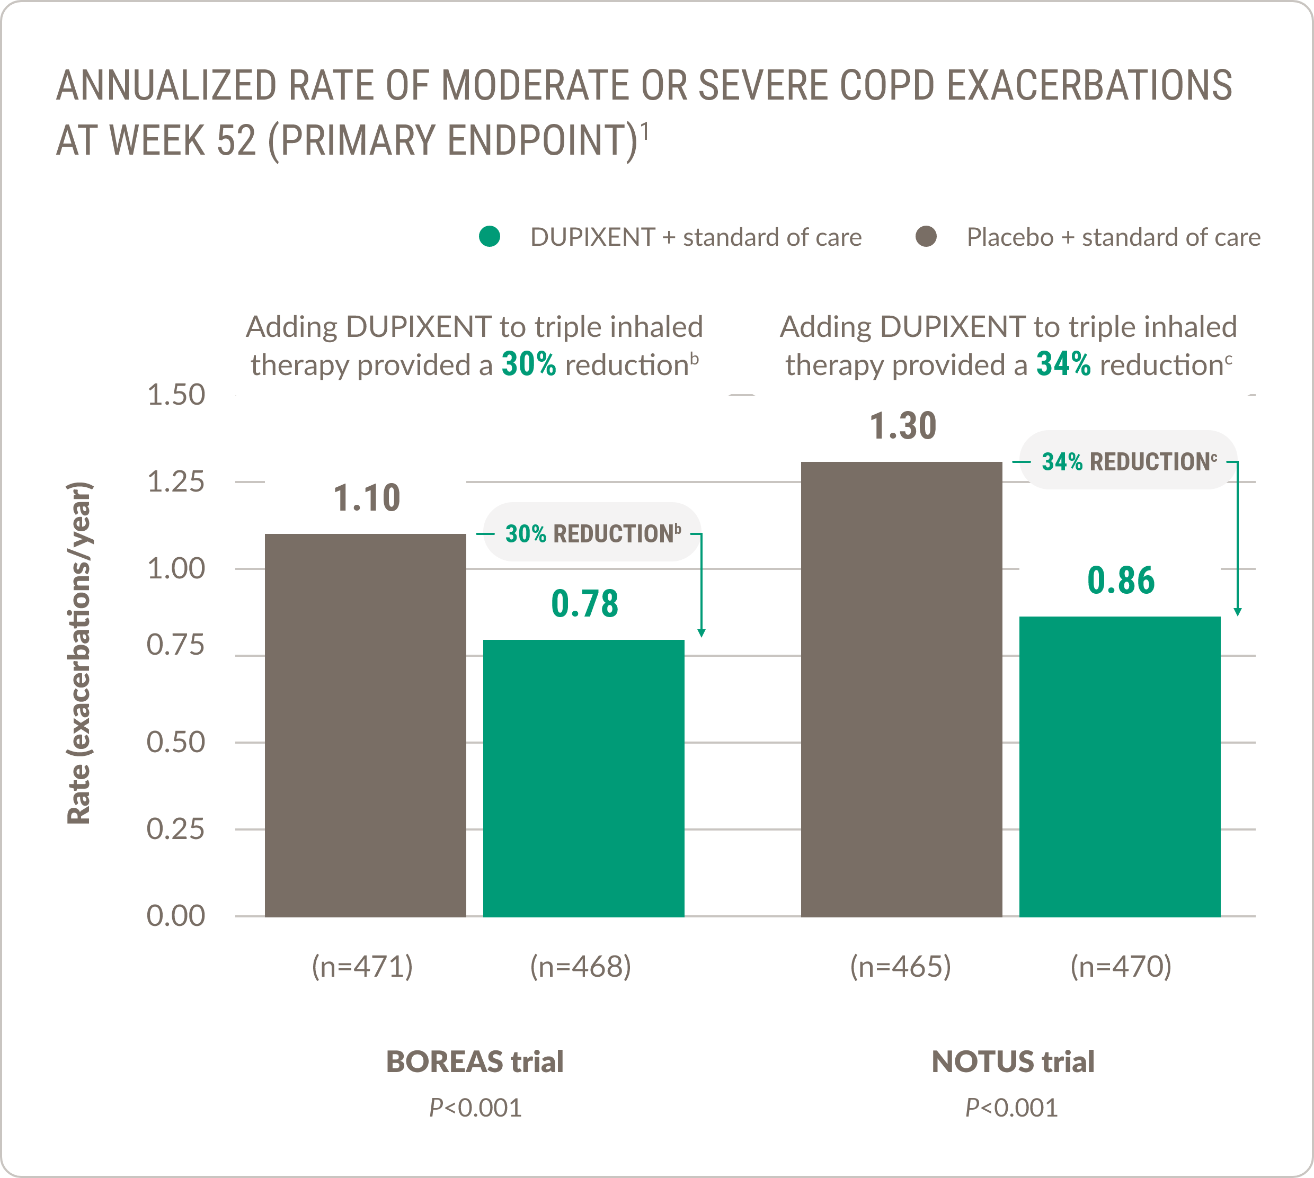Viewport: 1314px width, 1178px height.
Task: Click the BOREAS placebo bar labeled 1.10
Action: (365, 725)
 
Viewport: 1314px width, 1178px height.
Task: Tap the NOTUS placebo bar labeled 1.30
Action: (901, 689)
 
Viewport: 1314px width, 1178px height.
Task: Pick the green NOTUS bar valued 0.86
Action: (1119, 766)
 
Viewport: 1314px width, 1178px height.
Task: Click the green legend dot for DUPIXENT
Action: (490, 236)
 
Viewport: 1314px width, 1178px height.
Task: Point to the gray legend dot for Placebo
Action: (926, 236)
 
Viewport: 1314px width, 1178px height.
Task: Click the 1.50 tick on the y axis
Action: (176, 395)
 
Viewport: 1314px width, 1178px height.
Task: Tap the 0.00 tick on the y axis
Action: (176, 916)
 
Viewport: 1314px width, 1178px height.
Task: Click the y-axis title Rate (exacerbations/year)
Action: (79, 653)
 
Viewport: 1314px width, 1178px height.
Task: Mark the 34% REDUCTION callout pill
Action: (1128, 461)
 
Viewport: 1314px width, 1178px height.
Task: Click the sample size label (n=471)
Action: (362, 966)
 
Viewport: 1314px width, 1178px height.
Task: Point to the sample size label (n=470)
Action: (1121, 966)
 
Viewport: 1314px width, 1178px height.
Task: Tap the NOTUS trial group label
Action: (1013, 1061)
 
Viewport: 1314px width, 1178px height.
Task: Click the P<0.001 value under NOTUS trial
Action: (1011, 1108)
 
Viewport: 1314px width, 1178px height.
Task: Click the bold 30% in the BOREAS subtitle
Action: (528, 364)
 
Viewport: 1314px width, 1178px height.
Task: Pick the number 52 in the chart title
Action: (236, 140)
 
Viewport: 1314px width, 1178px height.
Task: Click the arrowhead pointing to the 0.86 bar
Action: (1237, 612)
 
